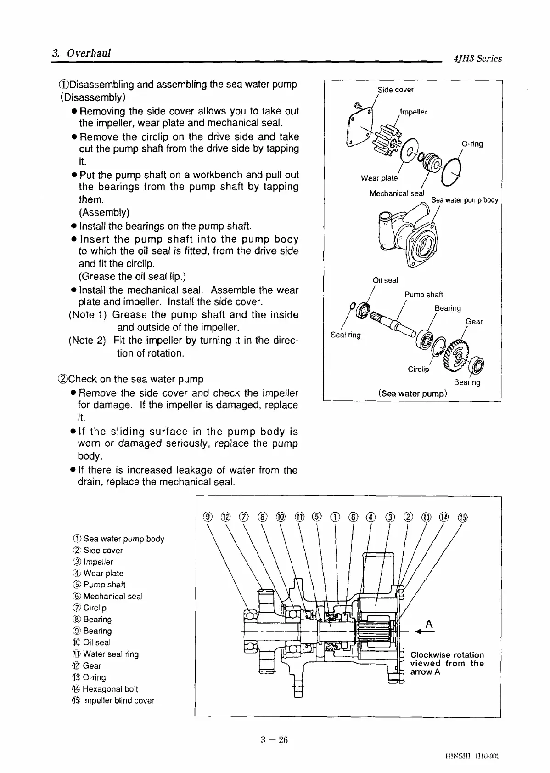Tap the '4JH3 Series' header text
point(477,58)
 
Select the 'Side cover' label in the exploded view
point(395,90)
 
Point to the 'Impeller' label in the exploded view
point(414,112)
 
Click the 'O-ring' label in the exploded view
point(472,144)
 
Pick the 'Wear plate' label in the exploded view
point(379,178)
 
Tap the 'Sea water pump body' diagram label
point(465,200)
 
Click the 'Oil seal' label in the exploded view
point(385,280)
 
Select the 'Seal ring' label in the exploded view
point(345,335)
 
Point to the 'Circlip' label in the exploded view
point(418,369)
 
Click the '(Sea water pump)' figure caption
point(412,393)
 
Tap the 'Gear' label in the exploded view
point(474,321)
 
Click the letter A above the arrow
point(429,624)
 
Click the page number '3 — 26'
point(274,739)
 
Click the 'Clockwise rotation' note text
point(447,655)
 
